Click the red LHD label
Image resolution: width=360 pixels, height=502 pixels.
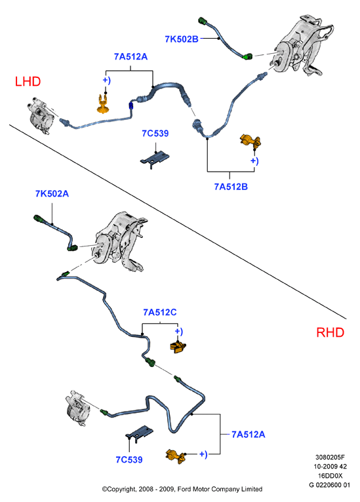[28, 82]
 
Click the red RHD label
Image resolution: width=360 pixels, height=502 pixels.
[330, 332]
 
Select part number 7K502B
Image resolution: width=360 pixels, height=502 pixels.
[182, 39]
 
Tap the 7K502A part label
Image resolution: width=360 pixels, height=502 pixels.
[52, 194]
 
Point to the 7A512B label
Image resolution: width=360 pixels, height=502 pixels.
[231, 187]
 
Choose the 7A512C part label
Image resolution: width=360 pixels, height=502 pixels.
[160, 312]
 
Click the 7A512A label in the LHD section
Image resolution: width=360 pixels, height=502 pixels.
[130, 56]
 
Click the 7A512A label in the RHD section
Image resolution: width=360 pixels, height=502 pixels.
[249, 434]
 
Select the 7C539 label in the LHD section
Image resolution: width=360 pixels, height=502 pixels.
[155, 133]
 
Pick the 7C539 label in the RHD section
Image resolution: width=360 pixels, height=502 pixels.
[129, 459]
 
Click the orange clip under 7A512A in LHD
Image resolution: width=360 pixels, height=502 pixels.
[103, 104]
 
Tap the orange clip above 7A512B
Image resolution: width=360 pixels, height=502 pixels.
[250, 141]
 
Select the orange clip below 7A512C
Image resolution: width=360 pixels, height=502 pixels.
[178, 347]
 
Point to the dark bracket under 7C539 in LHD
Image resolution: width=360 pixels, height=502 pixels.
[155, 159]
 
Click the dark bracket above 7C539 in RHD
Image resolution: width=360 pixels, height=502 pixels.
[139, 433]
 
